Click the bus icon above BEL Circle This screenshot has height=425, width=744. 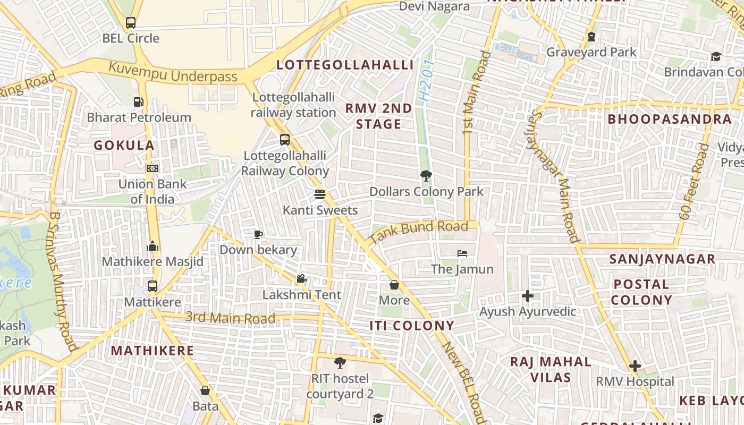click(131, 23)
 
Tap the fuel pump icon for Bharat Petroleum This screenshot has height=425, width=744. click(138, 101)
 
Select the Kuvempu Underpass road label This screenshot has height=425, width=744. click(173, 73)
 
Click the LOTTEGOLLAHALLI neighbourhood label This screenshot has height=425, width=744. click(345, 65)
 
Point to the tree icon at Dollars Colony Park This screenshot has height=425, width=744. click(426, 176)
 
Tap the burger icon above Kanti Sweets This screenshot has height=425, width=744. click(319, 194)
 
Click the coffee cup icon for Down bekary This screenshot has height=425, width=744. click(258, 234)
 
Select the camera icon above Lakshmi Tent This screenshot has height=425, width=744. click(301, 279)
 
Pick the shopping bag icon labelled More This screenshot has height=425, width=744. click(394, 285)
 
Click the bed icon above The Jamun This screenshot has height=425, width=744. click(462, 253)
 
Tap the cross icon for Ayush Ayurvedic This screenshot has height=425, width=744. click(527, 296)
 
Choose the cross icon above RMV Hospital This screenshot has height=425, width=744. click(635, 366)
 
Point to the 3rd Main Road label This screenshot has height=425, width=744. click(230, 318)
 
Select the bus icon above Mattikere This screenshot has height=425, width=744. click(153, 286)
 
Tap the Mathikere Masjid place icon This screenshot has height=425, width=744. click(153, 246)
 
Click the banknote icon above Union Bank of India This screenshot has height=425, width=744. click(153, 168)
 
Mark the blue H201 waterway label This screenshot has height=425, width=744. click(426, 81)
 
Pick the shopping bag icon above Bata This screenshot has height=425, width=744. click(205, 390)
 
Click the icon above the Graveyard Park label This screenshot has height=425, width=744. click(591, 37)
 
